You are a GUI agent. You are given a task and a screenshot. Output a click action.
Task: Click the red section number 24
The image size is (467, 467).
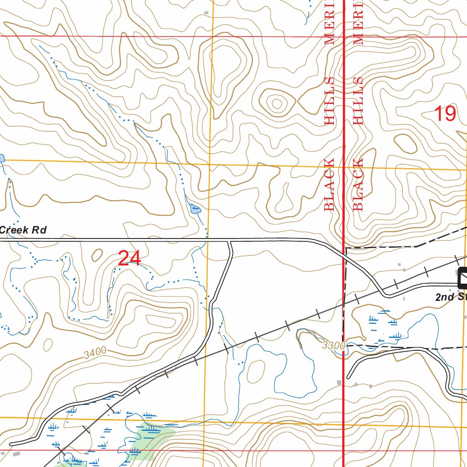pyautogui.click(x=130, y=259)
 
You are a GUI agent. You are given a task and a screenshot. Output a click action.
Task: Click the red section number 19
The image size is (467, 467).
pyautogui.click(x=444, y=113)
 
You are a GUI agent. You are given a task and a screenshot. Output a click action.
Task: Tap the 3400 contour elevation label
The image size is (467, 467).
pyautogui.click(x=95, y=351)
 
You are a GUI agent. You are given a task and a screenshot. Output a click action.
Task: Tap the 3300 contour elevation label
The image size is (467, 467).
pyautogui.click(x=333, y=346)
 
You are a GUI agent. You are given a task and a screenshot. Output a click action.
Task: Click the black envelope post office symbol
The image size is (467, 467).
pyautogui.click(x=463, y=278)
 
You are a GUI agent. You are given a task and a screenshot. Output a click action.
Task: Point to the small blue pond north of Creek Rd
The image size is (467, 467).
pyautogui.click(x=195, y=210)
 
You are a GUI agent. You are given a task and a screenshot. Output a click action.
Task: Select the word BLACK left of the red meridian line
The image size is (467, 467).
pyautogui.click(x=330, y=184)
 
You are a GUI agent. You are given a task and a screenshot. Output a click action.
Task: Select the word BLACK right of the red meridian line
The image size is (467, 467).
pyautogui.click(x=358, y=184)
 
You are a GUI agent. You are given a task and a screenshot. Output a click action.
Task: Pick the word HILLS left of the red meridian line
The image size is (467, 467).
pyautogui.click(x=330, y=101)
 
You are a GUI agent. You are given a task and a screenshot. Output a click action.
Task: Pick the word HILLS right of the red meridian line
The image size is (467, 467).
pyautogui.click(x=358, y=101)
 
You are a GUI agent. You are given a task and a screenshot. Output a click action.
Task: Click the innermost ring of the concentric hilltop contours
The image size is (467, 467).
pyautogui.click(x=276, y=104)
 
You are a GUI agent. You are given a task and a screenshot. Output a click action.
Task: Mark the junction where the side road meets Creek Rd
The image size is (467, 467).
pyautogui.click(x=230, y=240)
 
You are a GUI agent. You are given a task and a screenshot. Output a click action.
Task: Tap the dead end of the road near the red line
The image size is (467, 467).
pyautogui.click(x=348, y=378)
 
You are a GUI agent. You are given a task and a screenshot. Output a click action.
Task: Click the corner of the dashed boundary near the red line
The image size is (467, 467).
pyautogui.click(x=346, y=249)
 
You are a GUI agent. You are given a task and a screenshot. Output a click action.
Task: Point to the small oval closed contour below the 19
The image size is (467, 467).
pyautogui.click(x=406, y=144)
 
